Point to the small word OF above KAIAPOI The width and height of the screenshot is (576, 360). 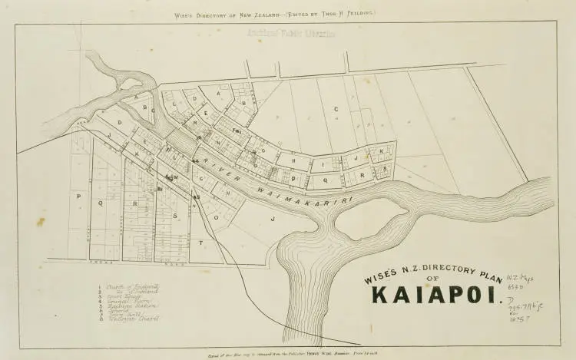(x=435, y=277)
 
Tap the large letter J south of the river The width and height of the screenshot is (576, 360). (x=272, y=219)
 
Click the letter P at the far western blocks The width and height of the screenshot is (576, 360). (x=78, y=197)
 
